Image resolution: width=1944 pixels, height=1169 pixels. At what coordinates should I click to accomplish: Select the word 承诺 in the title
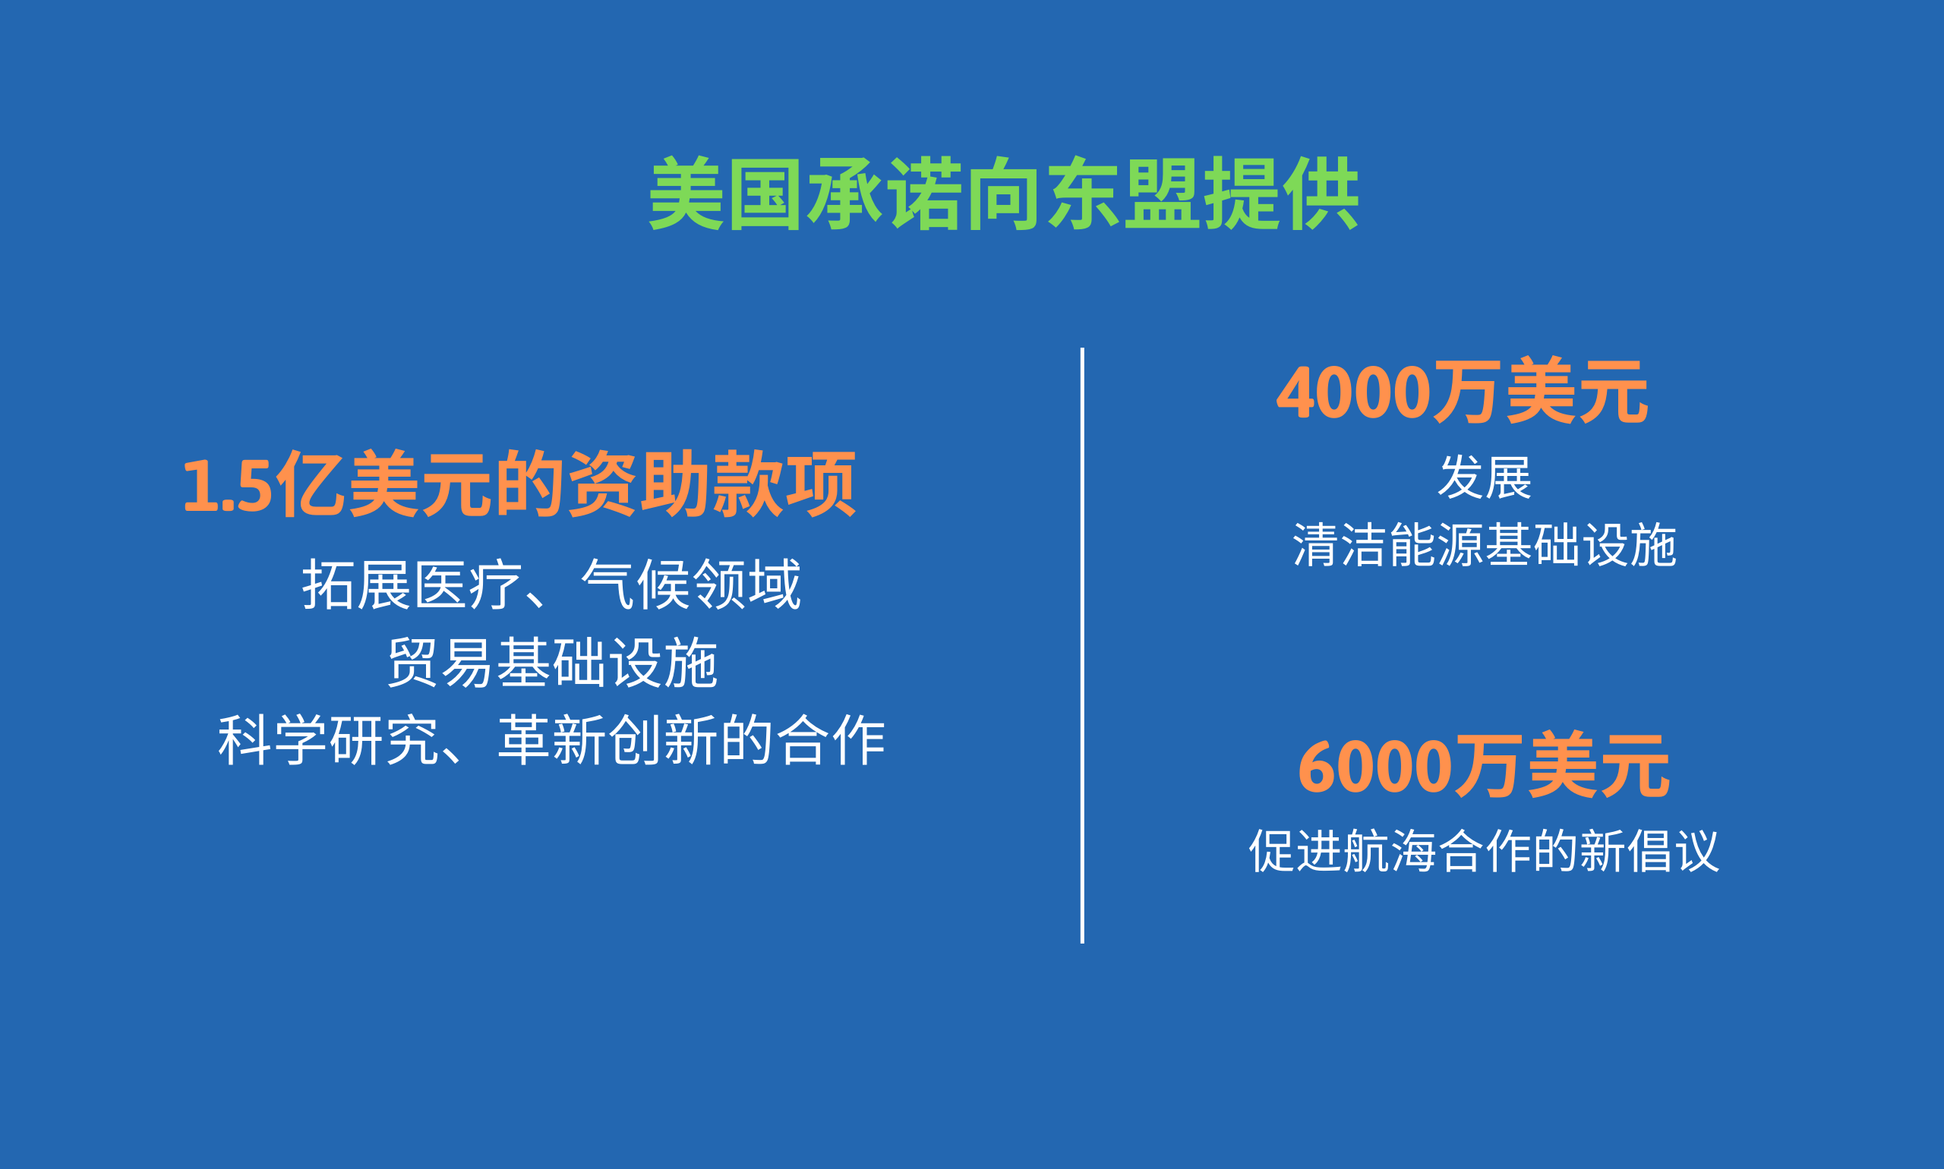point(884,194)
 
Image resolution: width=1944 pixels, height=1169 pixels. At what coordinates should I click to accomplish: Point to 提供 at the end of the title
point(1282,194)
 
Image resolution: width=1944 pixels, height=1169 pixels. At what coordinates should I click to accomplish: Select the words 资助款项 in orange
point(712,484)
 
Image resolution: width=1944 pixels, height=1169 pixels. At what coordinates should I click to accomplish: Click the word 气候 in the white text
point(635,584)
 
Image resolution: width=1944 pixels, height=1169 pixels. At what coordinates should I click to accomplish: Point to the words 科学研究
point(328,739)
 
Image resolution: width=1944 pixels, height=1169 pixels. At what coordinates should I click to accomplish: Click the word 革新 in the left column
point(552,739)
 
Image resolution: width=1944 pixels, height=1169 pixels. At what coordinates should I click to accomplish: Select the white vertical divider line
point(1082,645)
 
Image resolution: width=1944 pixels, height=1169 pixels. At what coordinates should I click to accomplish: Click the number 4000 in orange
point(1353,392)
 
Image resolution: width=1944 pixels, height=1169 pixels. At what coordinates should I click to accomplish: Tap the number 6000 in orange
point(1375,767)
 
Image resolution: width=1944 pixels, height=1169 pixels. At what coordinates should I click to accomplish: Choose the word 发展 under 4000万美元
point(1485,477)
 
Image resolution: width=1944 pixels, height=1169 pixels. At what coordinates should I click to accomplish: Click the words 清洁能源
point(1388,544)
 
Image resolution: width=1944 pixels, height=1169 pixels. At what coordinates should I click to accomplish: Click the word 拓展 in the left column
point(356,584)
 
